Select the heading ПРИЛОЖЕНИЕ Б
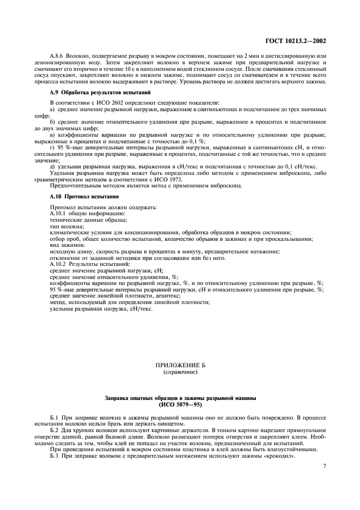pos(179,366)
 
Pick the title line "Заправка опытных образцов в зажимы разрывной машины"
pos(179,399)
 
